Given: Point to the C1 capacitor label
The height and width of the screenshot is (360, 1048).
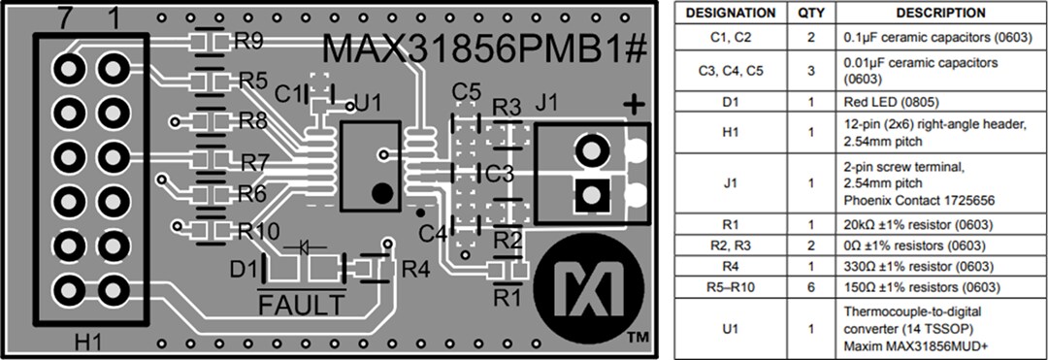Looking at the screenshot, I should (288, 94).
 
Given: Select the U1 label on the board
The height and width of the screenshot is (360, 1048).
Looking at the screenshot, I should (369, 102).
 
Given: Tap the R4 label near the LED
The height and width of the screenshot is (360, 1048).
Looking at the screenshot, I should (415, 269).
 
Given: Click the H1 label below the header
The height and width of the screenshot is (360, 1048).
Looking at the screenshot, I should (90, 342).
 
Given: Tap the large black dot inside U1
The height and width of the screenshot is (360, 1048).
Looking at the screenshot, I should (383, 192).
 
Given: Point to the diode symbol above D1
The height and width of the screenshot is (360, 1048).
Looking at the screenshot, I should (310, 246).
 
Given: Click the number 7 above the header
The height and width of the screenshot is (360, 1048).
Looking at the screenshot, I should (67, 19).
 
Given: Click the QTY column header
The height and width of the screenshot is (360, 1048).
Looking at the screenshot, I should (810, 14).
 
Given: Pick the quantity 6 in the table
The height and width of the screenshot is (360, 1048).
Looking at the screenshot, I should (810, 287).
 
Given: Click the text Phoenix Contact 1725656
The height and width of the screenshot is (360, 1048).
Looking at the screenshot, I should (919, 200).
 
